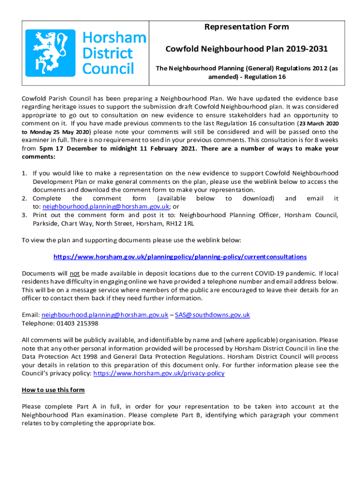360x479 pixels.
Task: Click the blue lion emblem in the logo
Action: coord(50,53)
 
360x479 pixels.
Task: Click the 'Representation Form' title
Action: coord(246,27)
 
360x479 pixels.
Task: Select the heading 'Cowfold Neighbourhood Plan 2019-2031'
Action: coord(246,49)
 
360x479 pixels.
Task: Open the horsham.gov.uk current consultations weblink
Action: coord(180,257)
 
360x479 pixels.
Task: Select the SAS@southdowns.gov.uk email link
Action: coord(212,315)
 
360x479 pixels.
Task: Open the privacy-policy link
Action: coord(159,373)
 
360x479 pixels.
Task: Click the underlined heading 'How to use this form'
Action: coord(53,390)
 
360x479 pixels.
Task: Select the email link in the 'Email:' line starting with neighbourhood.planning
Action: coord(105,315)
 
